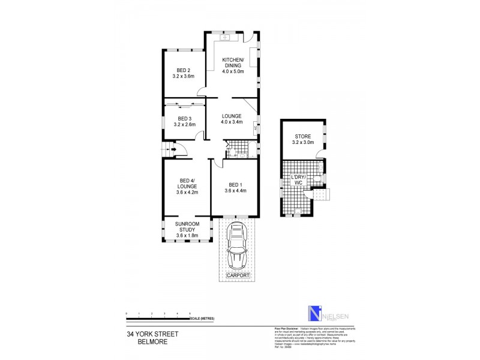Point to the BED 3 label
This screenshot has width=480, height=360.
coord(183,122)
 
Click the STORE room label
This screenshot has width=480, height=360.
coord(302,140)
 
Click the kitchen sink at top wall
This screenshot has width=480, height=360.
coord(226,38)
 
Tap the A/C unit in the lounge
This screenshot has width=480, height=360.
coord(256,127)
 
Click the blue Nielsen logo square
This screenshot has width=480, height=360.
coord(311,314)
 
